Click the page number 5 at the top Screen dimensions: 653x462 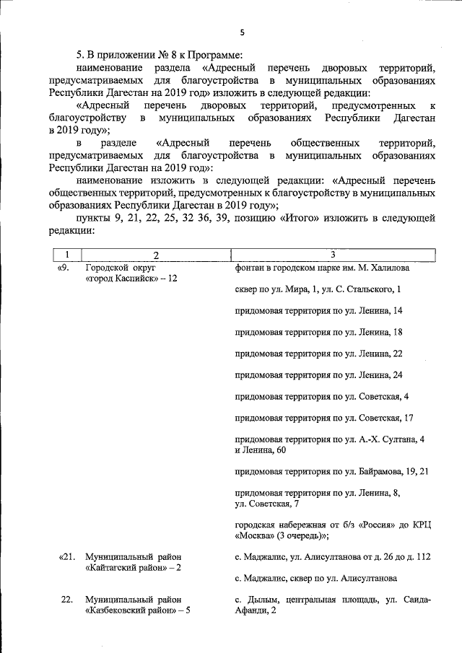coord(243,32)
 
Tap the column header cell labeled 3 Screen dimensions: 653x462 coord(332,255)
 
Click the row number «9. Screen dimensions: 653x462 coord(63,268)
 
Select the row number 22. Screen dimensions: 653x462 coord(67,600)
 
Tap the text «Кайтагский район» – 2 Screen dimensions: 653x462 coord(133,569)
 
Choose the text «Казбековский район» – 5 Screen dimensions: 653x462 coord(137,611)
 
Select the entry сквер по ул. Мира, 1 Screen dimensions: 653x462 coord(318,289)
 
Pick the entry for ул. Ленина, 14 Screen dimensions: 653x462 coord(318,310)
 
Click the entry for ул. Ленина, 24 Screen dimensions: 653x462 coord(318,375)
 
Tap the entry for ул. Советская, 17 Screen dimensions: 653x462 coord(323,418)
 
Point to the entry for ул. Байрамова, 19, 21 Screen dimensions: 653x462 coord(332,472)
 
